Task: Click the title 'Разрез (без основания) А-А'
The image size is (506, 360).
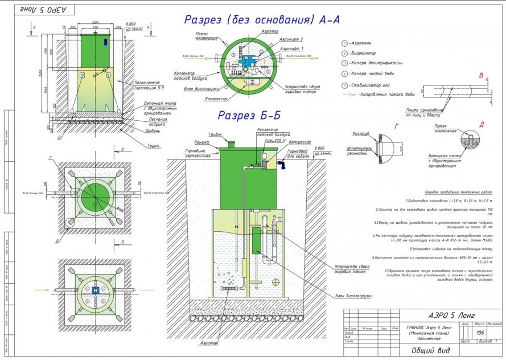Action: (261, 20)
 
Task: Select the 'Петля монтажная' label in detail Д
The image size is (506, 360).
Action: (445, 128)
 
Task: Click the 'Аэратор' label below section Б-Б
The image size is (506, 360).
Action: (209, 343)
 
